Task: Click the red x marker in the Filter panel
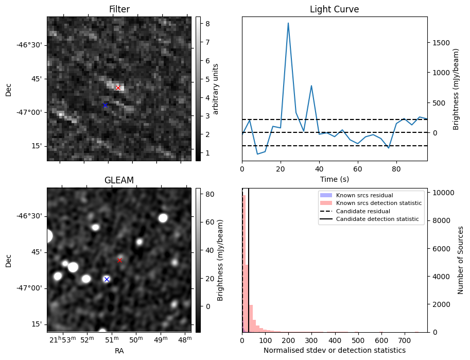click(118, 88)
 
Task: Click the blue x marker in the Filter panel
click(105, 106)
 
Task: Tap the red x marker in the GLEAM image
click(119, 260)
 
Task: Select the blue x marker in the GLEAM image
click(107, 279)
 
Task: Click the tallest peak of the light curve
click(288, 23)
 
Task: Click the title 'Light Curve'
click(334, 9)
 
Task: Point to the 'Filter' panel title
click(119, 9)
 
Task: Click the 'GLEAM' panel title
click(119, 180)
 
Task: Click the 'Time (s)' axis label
click(335, 178)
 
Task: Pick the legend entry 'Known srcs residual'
click(364, 195)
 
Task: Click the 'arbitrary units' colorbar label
click(216, 89)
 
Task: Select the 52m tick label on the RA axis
click(88, 340)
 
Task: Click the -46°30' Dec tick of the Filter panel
click(31, 45)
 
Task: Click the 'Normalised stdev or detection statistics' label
click(335, 350)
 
